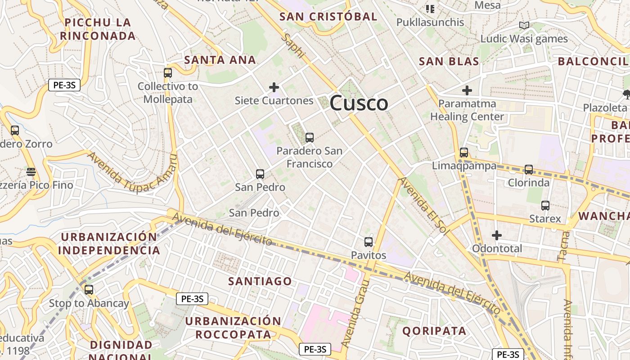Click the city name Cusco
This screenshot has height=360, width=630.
pos(359,103)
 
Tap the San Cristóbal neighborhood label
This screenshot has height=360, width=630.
pos(328,17)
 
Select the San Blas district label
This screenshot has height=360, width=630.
pos(449,61)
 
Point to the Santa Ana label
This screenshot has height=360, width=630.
pos(220,60)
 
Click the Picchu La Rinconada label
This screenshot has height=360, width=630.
pos(98,29)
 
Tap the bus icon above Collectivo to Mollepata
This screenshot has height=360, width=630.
pos(168,72)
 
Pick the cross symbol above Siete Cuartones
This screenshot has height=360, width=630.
pos(274,87)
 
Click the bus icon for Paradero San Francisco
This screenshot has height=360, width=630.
pos(309,138)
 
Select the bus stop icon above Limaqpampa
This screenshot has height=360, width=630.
pos(464,153)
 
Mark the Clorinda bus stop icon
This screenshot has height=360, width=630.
pos(529,170)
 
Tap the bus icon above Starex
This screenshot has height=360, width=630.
pos(545,206)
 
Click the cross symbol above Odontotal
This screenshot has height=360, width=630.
pos(497,235)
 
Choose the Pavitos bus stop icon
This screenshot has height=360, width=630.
pos(369,242)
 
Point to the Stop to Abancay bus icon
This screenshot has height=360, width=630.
pos(89,290)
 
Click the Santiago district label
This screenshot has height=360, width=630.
pos(260,281)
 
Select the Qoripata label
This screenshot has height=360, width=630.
pos(434,331)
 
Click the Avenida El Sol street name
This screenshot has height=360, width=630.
pos(421,204)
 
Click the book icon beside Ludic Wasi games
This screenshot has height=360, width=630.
pos(524,25)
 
